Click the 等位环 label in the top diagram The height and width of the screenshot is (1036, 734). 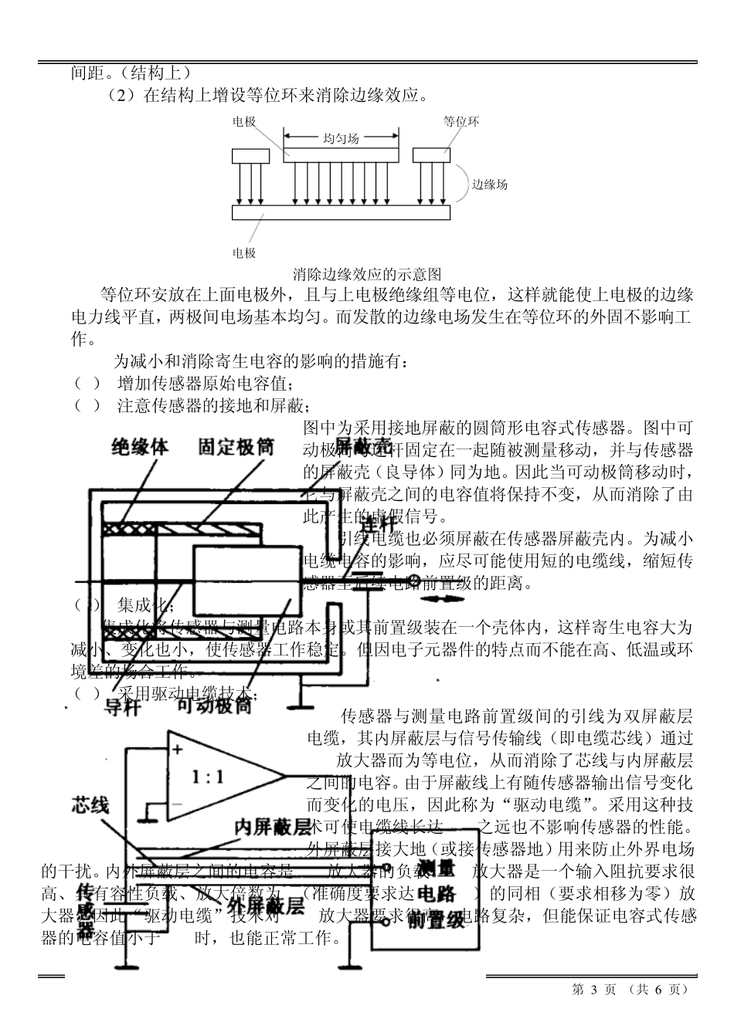click(x=460, y=121)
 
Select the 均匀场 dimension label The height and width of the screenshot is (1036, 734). click(x=341, y=139)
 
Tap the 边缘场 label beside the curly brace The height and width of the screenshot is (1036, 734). click(x=490, y=185)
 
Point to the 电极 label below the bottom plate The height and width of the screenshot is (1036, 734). click(x=244, y=252)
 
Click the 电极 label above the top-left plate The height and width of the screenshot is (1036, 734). click(x=244, y=122)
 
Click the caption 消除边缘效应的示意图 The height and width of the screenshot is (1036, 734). click(x=367, y=274)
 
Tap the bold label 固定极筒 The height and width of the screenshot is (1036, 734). click(x=236, y=446)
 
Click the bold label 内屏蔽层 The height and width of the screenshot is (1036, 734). click(x=273, y=827)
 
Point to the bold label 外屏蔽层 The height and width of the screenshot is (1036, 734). click(x=265, y=906)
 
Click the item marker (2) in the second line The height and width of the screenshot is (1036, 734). click(x=121, y=96)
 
